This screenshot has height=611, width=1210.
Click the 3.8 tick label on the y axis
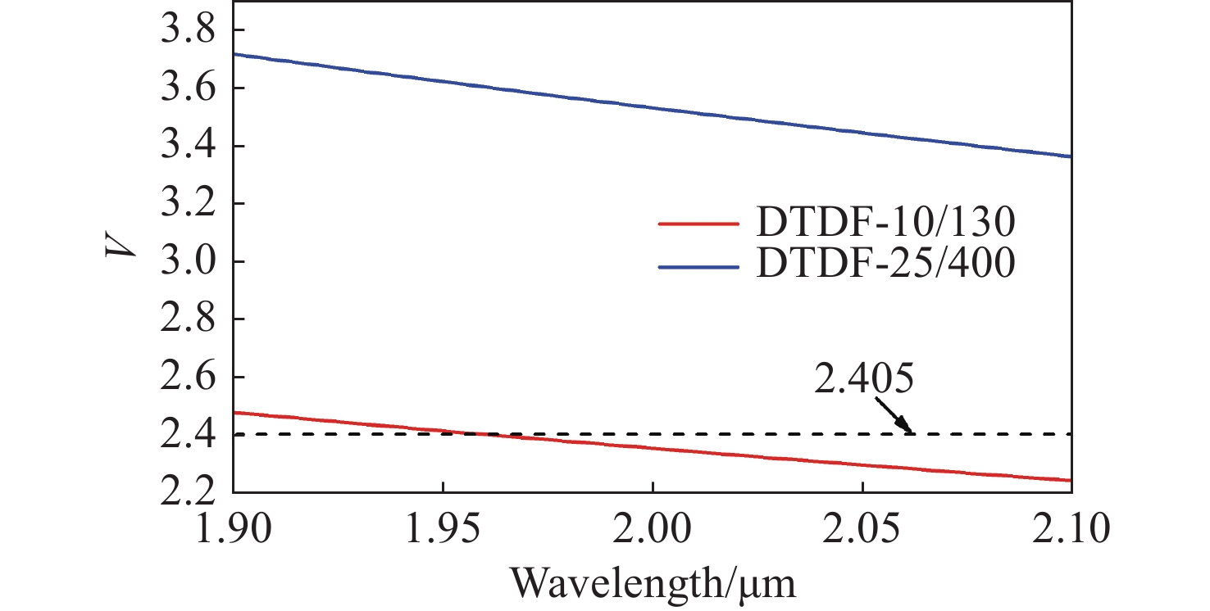(x=186, y=32)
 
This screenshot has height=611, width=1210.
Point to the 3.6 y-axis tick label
(x=186, y=89)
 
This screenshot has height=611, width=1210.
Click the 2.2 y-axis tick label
(x=186, y=492)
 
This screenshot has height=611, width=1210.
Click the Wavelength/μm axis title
(x=653, y=583)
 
